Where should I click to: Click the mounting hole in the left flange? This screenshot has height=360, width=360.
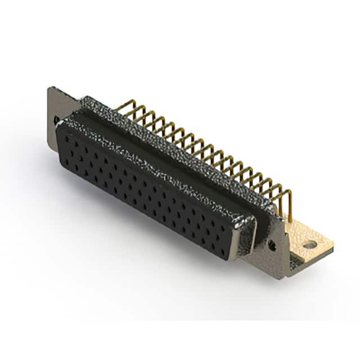(56, 120)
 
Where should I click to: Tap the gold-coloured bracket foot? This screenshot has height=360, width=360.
(307, 236)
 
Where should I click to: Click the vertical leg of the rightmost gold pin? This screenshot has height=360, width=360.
(290, 205)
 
